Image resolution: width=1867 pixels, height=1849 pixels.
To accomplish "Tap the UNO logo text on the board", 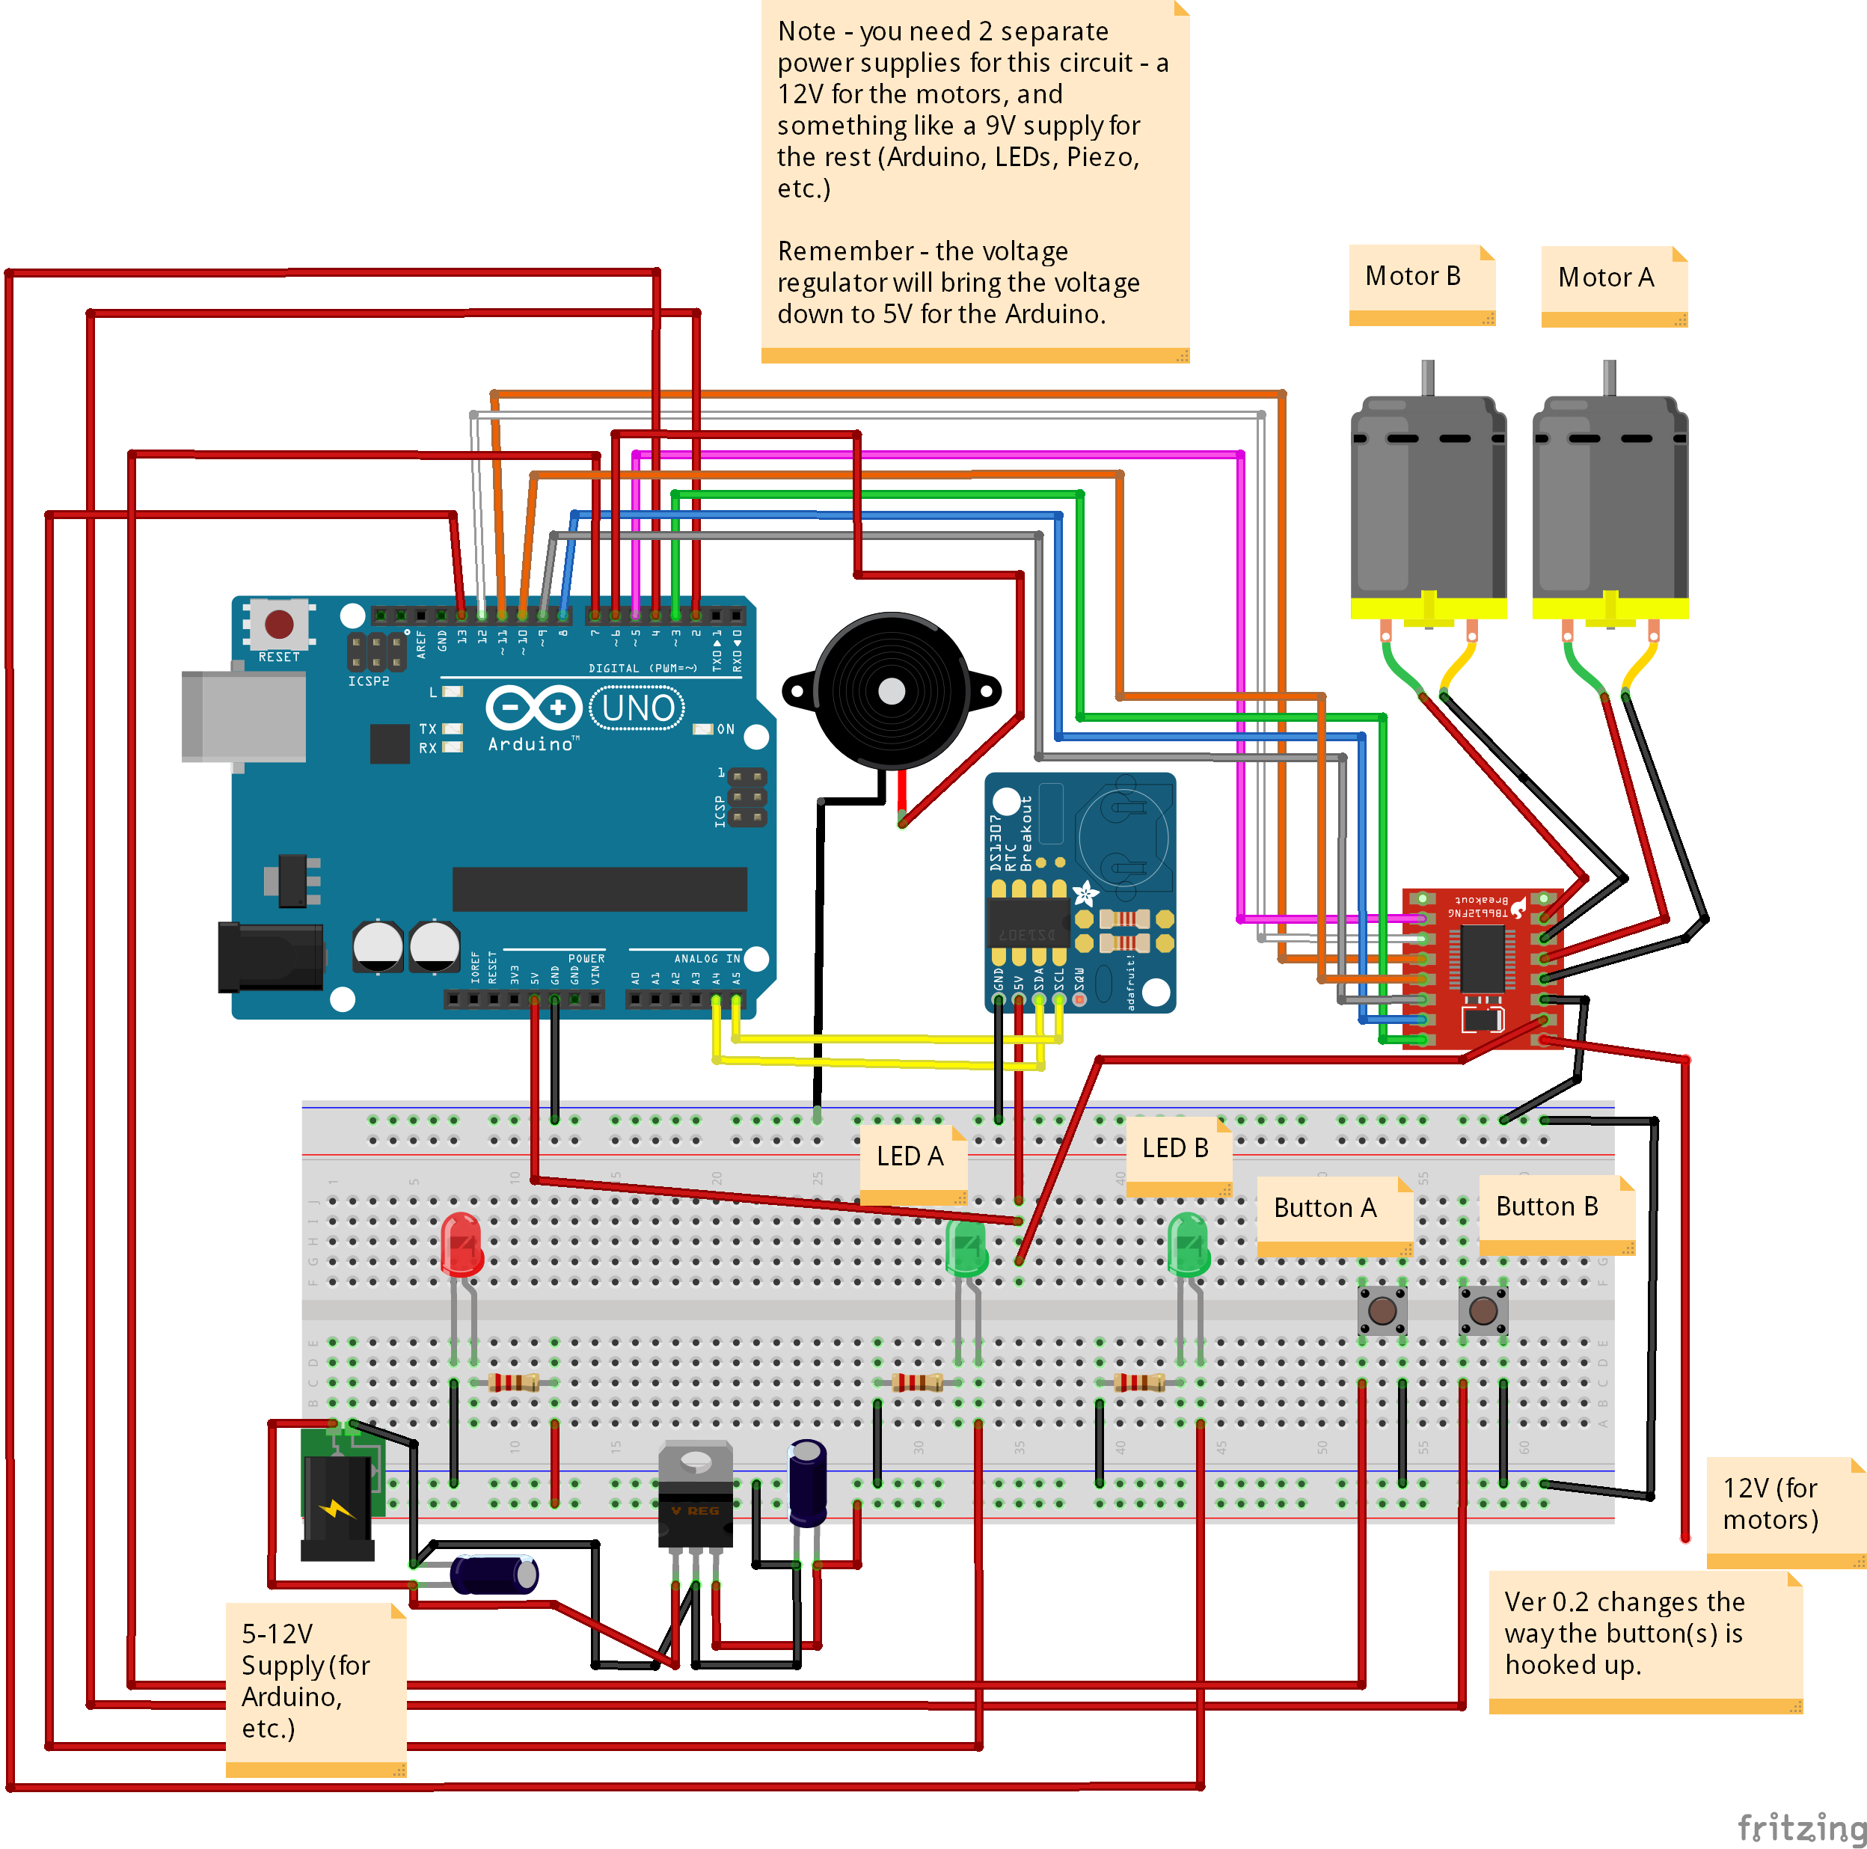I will (638, 708).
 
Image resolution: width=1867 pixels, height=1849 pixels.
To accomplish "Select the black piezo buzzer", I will (891, 691).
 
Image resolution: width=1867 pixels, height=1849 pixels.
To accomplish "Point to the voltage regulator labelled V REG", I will (695, 1492).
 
